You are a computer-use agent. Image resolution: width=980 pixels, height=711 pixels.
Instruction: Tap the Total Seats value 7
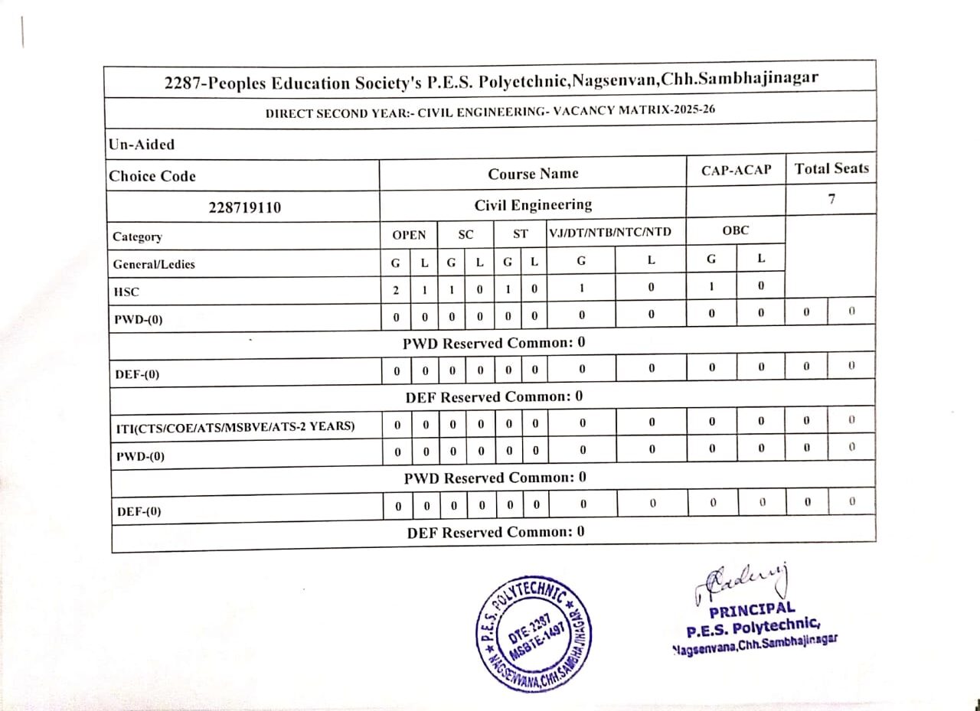click(831, 199)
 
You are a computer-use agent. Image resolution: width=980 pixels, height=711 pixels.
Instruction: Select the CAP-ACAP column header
click(736, 170)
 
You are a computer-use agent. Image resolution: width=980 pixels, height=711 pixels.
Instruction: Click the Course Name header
click(533, 174)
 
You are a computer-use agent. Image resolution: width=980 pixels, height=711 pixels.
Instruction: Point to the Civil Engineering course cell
click(533, 205)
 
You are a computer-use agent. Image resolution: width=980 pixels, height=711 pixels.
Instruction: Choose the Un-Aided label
click(142, 144)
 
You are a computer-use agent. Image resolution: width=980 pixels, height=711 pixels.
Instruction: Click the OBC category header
click(735, 230)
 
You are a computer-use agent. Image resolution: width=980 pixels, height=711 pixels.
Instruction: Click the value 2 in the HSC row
click(396, 291)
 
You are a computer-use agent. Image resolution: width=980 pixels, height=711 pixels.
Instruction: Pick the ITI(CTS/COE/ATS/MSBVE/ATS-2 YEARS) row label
click(234, 426)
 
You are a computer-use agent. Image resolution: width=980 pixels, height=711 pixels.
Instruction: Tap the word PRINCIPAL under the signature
click(752, 611)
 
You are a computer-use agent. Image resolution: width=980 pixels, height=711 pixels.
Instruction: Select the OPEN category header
click(409, 235)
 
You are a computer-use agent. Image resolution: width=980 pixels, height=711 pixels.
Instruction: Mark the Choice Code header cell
click(152, 176)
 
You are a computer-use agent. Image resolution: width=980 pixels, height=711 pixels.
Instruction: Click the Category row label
click(137, 236)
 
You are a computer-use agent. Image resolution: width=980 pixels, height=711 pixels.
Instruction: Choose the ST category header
click(520, 235)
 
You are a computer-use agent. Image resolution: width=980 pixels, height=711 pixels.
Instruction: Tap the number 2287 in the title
click(185, 82)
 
